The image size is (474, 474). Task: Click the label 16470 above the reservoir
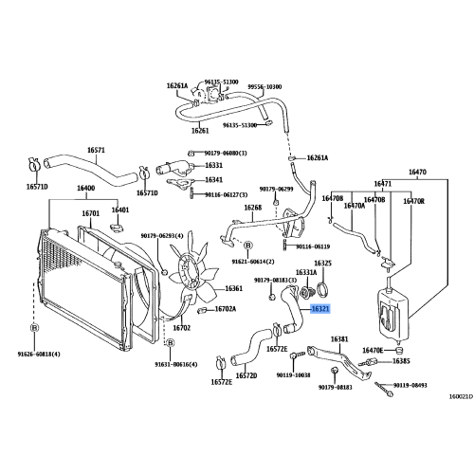click(x=416, y=172)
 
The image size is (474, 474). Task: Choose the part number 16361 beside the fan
click(x=233, y=288)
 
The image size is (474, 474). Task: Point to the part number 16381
click(x=339, y=337)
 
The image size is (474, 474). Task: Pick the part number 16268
click(x=252, y=207)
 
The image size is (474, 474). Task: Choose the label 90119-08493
click(x=409, y=385)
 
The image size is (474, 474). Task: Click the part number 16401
click(x=120, y=210)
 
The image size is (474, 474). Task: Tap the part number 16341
click(x=214, y=179)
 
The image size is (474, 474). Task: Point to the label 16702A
click(x=225, y=308)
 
